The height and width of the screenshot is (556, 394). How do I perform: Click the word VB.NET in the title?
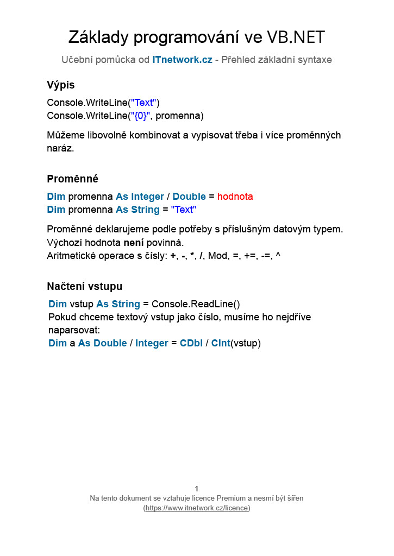pos(296,37)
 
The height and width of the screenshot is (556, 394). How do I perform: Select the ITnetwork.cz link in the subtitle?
pos(182,60)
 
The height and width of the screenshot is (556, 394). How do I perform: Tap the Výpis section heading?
pos(61,85)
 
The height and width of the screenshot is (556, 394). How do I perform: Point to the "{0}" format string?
pos(141,116)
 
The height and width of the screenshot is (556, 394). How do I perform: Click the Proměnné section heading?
pos(72,179)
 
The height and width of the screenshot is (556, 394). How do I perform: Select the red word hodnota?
pos(235,197)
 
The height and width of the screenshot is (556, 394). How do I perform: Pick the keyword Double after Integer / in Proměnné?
pos(189,197)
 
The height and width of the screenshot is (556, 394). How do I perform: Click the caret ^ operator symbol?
pos(278,255)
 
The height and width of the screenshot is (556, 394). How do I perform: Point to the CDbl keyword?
pos(191,343)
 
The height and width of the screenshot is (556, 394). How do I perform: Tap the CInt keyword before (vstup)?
pos(221,343)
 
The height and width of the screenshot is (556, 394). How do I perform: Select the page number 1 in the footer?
pos(197,489)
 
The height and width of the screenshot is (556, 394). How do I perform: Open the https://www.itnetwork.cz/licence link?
pos(197,508)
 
